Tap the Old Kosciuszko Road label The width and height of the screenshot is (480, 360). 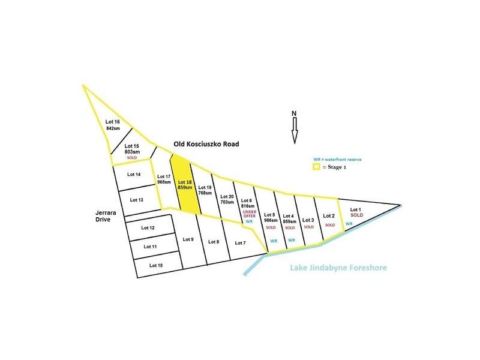(206, 144)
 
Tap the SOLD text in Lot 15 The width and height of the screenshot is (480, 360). (132, 157)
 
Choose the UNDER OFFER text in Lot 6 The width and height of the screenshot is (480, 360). (249, 215)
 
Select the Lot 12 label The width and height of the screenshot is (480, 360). (148, 228)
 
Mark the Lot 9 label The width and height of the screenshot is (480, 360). (187, 239)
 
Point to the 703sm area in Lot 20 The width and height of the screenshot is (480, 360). (227, 203)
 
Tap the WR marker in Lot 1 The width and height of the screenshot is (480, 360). (349, 224)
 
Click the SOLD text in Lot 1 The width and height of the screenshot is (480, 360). (357, 214)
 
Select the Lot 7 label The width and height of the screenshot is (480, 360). (240, 242)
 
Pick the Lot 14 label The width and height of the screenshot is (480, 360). (134, 175)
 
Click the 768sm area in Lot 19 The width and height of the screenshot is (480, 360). (205, 193)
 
